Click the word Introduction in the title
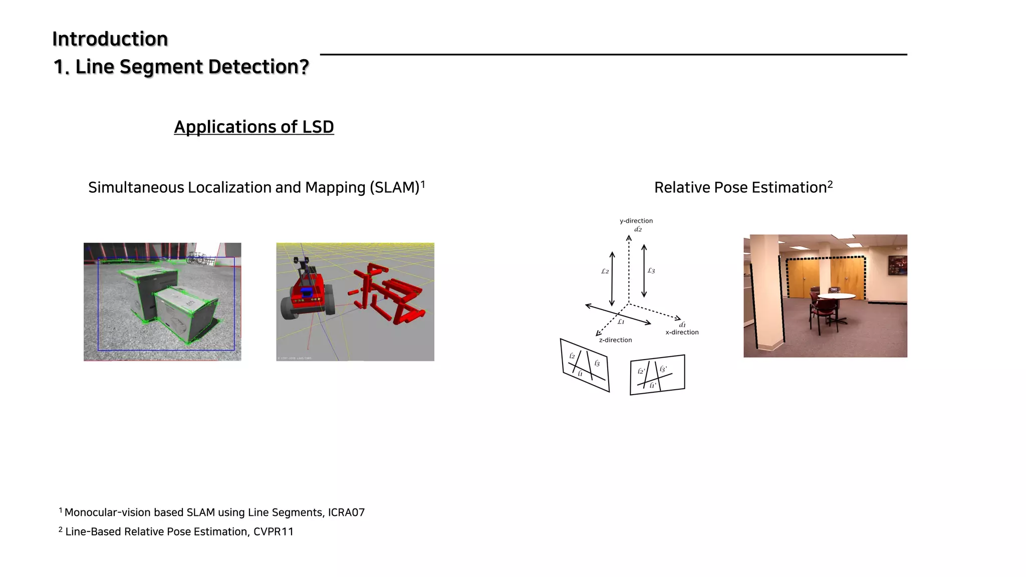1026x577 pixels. pyautogui.click(x=110, y=39)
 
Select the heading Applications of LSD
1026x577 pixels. pyautogui.click(x=253, y=127)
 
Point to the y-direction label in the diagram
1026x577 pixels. pyautogui.click(x=636, y=221)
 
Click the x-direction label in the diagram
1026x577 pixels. pyautogui.click(x=682, y=333)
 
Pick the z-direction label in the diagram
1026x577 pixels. pyautogui.click(x=615, y=340)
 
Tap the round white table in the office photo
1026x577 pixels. pyautogui.click(x=836, y=296)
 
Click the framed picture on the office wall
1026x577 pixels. pyautogui.click(x=897, y=265)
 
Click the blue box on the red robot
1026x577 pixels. pyautogui.click(x=307, y=291)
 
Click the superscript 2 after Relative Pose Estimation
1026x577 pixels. pyautogui.click(x=830, y=184)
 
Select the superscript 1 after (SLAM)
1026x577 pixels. pyautogui.click(x=423, y=184)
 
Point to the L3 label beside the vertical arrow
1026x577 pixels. pyautogui.click(x=651, y=271)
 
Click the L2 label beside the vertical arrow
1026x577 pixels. pyautogui.click(x=605, y=271)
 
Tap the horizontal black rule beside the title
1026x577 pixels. pyautogui.click(x=613, y=54)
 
